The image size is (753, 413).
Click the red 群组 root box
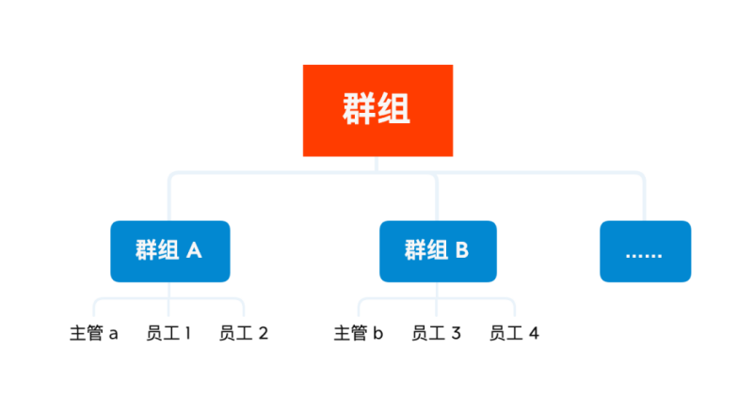coord(377,110)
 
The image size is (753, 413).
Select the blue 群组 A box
coord(170,251)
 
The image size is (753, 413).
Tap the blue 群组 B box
coord(438,251)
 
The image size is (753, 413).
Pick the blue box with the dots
coord(646,251)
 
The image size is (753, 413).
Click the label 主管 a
coord(93,333)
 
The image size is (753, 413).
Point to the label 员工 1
coord(168,333)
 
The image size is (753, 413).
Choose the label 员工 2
coord(244,333)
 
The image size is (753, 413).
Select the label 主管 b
coord(359,333)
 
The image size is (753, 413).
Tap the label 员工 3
coord(436,333)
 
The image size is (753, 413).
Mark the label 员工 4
coord(514,333)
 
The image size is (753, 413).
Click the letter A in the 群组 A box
coord(194,250)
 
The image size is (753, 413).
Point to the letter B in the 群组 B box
coord(462,250)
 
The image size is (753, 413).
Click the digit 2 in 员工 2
coord(264,333)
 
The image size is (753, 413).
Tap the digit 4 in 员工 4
coord(534,333)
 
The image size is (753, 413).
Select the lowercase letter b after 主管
coord(378,332)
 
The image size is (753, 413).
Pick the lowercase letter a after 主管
coord(113,334)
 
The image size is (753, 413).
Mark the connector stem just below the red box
coord(376,164)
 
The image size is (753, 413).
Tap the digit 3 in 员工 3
coord(457,333)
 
